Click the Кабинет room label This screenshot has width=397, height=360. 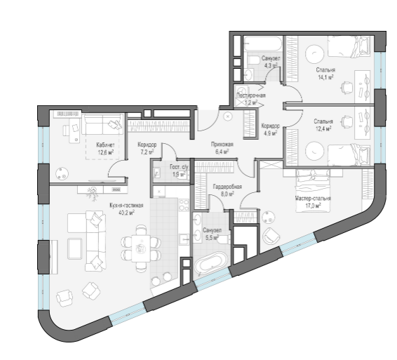(105, 145)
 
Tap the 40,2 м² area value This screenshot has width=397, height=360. (126, 213)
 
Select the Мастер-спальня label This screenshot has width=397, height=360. (313, 199)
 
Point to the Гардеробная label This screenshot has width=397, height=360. (227, 187)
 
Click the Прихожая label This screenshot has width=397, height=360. (222, 145)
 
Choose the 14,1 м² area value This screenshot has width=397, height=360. (325, 76)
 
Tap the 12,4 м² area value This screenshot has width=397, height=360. (323, 128)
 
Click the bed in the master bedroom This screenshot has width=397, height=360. (314, 190)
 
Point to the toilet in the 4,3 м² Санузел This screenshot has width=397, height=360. (254, 60)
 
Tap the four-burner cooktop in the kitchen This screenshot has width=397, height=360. (184, 205)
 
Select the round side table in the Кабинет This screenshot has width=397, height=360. (62, 174)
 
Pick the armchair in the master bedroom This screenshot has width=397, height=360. (271, 236)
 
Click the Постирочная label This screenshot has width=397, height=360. (251, 95)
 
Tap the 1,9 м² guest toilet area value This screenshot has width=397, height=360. (180, 174)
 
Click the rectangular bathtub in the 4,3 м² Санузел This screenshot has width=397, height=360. (263, 44)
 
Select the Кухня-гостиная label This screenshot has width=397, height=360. (126, 205)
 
